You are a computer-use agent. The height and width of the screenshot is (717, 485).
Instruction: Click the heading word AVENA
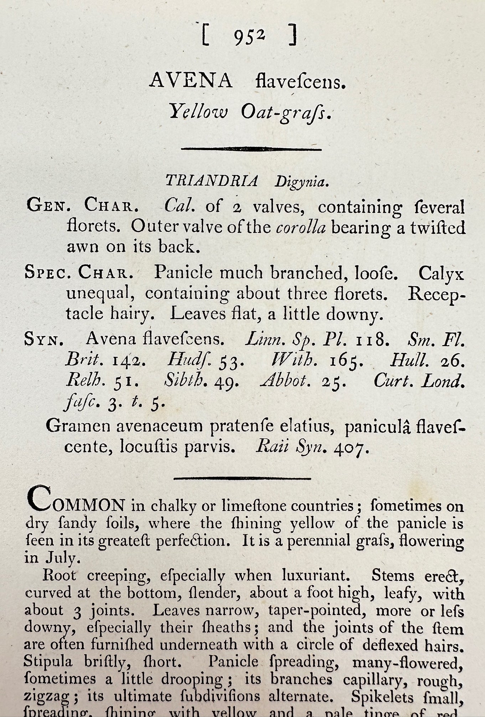(191, 81)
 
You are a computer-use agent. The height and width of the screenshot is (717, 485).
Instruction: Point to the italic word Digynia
(301, 182)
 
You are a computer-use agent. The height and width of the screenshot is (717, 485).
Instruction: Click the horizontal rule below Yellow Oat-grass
(251, 149)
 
